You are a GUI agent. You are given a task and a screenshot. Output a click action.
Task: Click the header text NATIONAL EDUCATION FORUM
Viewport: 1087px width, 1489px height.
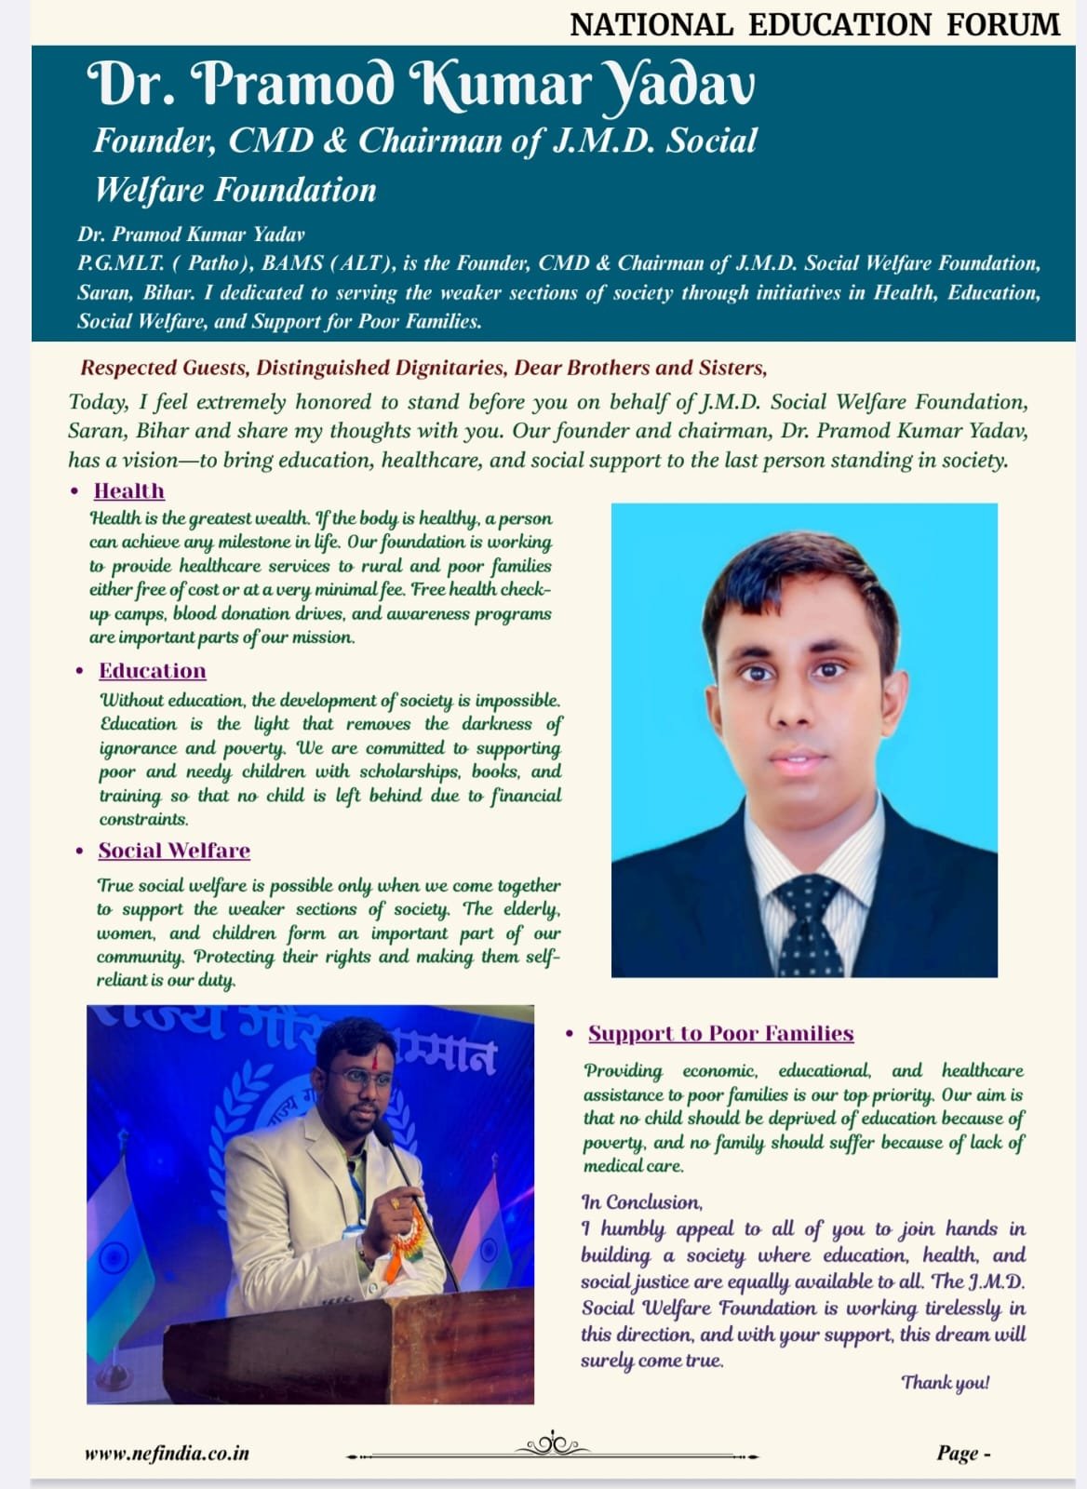tap(814, 24)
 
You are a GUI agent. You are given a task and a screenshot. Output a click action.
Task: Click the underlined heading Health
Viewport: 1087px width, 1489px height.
tap(129, 491)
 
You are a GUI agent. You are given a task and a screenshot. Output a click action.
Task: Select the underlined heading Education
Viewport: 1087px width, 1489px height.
tap(153, 671)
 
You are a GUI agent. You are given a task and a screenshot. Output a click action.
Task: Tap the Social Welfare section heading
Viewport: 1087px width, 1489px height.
tap(174, 851)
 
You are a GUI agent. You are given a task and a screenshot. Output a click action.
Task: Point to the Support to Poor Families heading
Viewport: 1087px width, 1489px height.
tap(720, 1034)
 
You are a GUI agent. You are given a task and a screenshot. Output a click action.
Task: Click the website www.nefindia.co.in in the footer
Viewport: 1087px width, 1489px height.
tap(167, 1454)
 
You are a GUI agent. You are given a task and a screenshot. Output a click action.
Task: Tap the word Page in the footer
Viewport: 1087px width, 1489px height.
tap(958, 1454)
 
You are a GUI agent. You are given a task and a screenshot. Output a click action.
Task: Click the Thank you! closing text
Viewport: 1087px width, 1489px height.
tap(945, 1382)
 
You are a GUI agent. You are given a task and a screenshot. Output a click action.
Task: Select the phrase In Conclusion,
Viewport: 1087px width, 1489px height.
tap(642, 1202)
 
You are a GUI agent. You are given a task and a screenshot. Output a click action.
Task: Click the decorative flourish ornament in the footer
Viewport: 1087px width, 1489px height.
tap(554, 1446)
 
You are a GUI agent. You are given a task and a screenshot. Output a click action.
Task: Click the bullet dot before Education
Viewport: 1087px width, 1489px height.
tap(80, 671)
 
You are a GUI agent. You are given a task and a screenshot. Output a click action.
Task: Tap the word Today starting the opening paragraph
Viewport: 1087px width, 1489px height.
tap(98, 402)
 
